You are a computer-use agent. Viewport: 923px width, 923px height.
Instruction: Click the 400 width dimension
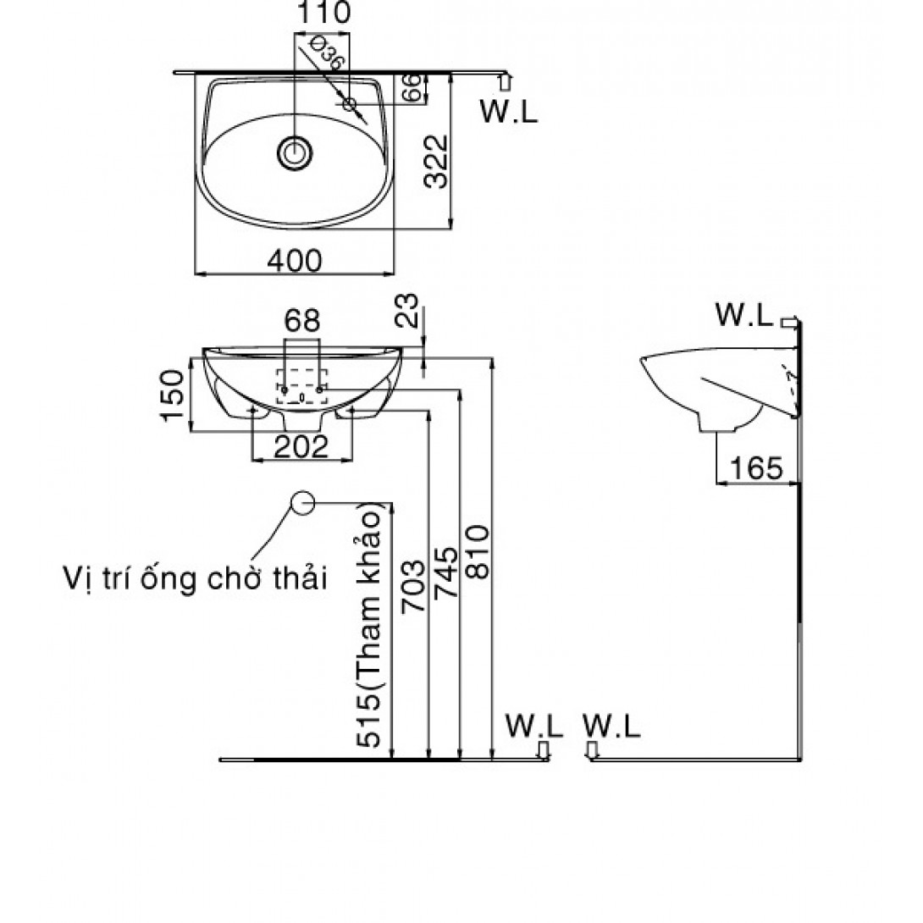[x=295, y=261]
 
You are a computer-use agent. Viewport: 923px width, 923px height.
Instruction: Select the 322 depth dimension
[x=435, y=162]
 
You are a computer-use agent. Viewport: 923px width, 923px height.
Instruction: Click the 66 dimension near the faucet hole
[x=412, y=87]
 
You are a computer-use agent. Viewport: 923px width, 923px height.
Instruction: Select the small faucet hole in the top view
[x=350, y=103]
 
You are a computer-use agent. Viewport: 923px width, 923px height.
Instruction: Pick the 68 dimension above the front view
[x=301, y=321]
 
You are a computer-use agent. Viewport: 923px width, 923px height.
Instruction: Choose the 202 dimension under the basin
[x=303, y=448]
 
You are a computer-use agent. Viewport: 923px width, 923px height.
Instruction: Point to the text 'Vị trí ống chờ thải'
[x=194, y=579]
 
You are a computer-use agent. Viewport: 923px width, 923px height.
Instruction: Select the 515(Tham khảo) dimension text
[x=376, y=627]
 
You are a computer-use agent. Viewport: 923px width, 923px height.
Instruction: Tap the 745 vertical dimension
[x=445, y=572]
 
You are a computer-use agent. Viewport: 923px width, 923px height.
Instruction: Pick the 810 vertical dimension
[x=477, y=551]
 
